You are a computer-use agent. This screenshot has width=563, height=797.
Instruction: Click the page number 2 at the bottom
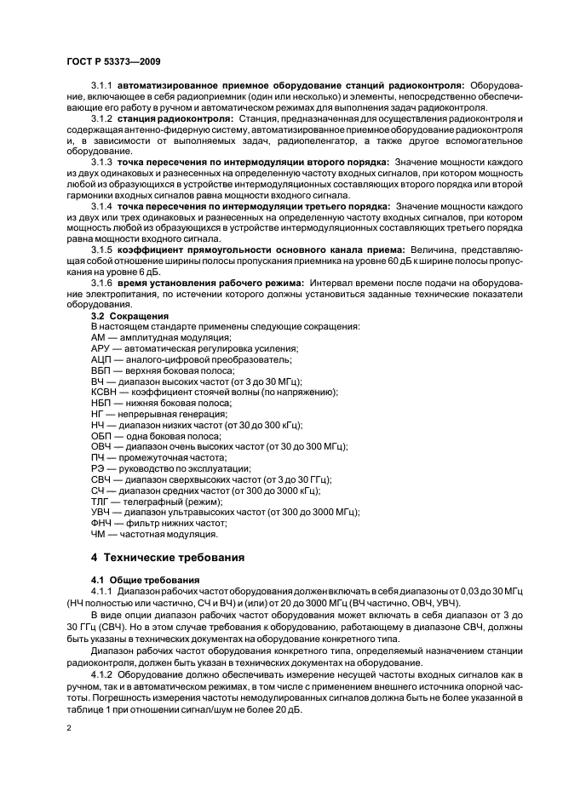point(69,728)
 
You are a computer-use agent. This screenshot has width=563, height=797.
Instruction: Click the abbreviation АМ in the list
point(99,338)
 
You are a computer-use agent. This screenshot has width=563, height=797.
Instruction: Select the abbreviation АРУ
point(101,349)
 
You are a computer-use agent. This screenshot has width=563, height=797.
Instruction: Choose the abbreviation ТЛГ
point(101,502)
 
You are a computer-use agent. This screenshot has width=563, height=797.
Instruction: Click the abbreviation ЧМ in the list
point(99,534)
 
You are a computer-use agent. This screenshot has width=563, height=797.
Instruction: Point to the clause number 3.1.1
point(101,86)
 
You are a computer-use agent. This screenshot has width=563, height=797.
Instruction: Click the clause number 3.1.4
point(101,207)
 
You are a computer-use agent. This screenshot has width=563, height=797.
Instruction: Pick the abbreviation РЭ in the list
point(98,468)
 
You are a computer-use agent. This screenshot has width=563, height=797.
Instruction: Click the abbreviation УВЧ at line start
point(101,513)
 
